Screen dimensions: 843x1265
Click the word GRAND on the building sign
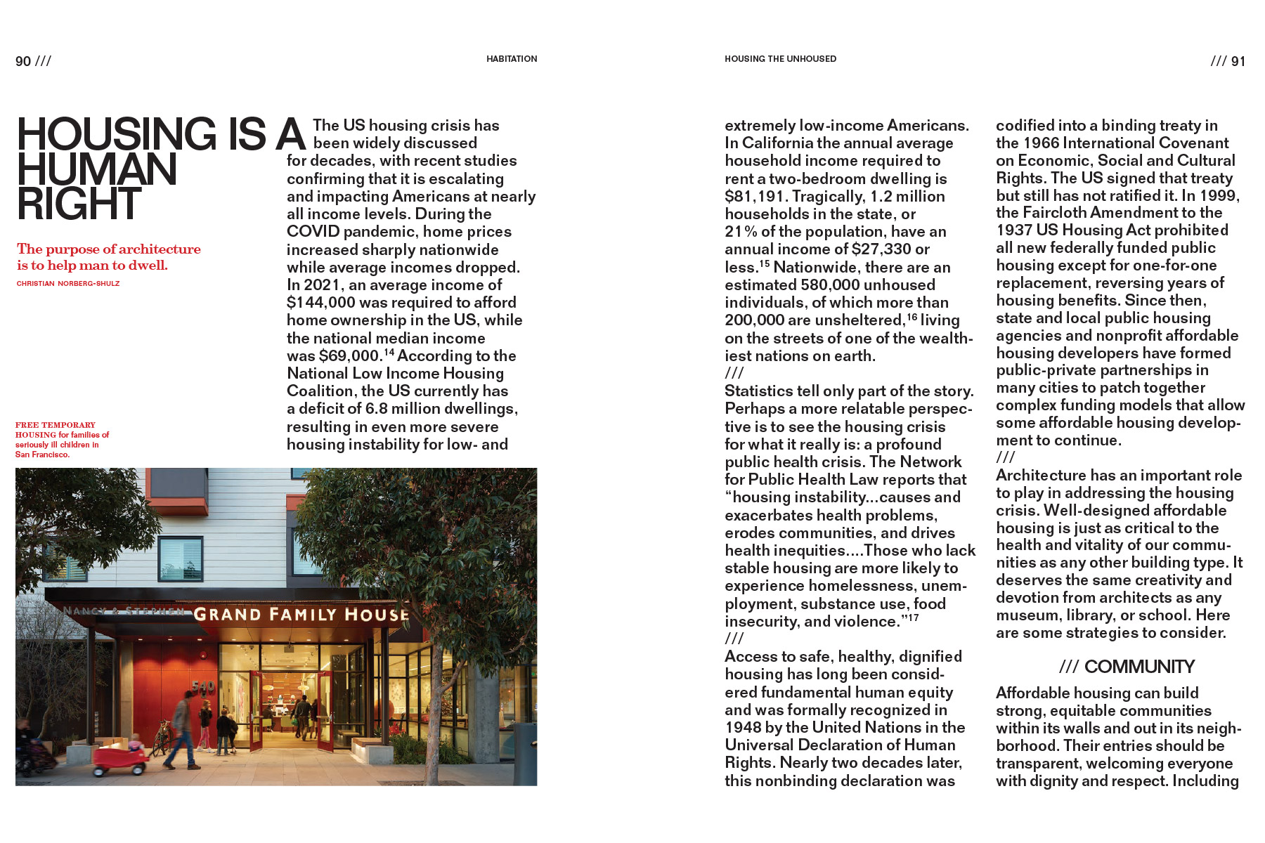[227, 615]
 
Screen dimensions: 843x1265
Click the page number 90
[23, 61]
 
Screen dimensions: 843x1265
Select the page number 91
[1238, 61]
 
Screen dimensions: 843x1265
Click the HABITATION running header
[512, 59]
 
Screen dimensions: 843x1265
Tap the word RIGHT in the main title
[79, 204]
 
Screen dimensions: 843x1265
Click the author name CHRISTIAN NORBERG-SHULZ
[68, 284]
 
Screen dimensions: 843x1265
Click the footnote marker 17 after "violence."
[913, 617]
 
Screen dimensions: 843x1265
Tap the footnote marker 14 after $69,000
[389, 352]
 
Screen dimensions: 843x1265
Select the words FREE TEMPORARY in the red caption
[56, 425]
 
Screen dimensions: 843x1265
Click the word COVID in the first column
[313, 232]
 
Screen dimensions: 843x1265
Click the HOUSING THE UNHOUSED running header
[780, 59]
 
